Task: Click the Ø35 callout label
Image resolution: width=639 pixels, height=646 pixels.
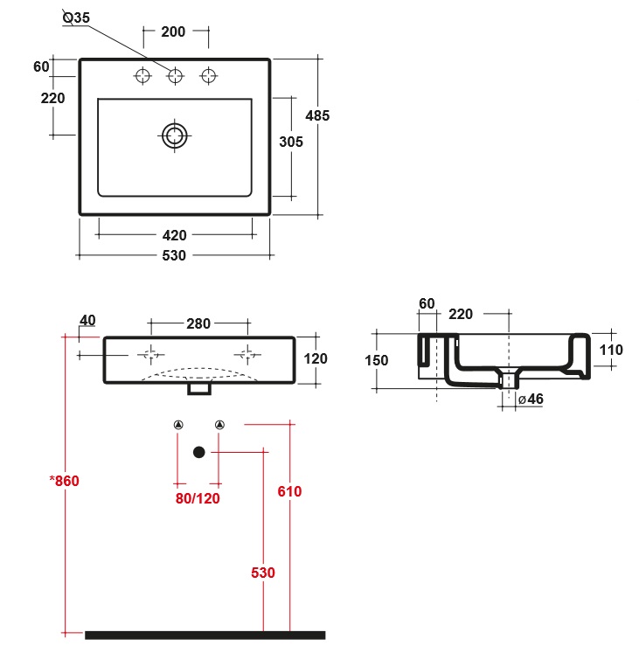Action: [x=76, y=17]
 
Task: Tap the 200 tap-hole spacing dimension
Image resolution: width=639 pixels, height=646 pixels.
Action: [x=173, y=31]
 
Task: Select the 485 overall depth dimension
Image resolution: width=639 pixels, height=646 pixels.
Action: [x=317, y=115]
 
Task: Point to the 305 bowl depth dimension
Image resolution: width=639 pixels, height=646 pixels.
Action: [x=291, y=142]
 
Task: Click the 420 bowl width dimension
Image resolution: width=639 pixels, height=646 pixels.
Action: [x=174, y=235]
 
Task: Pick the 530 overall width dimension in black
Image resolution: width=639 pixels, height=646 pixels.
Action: [x=174, y=255]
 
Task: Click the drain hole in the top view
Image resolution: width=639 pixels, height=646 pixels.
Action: [x=175, y=135]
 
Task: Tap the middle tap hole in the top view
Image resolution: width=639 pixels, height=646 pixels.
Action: [x=175, y=76]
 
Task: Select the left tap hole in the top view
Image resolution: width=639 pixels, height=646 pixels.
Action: [x=143, y=76]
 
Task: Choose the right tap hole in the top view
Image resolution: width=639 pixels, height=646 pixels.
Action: [x=208, y=76]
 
